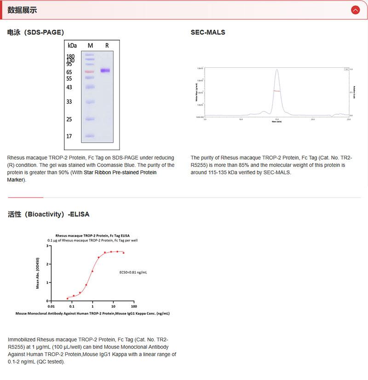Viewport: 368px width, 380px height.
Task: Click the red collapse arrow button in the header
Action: pyautogui.click(x=355, y=10)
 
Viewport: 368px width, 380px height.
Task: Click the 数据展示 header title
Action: pyautogui.click(x=23, y=10)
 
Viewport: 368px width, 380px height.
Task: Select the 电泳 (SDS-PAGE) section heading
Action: pyautogui.click(x=36, y=32)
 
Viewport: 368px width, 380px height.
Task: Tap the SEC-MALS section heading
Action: pyautogui.click(x=208, y=32)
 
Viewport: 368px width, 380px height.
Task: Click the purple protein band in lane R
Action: pyautogui.click(x=106, y=70)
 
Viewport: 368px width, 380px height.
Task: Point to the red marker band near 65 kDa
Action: pyautogui.click(x=89, y=72)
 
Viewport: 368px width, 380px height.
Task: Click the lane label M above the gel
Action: pyautogui.click(x=90, y=46)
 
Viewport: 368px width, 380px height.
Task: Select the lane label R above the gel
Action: pyautogui.click(x=107, y=46)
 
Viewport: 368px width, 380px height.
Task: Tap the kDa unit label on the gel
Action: pyautogui.click(x=72, y=46)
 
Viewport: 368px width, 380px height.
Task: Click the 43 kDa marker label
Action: pyautogui.click(x=69, y=88)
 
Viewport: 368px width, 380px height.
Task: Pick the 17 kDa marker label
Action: pyautogui.click(x=69, y=136)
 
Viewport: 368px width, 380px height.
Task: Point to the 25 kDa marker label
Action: pyautogui.click(x=69, y=120)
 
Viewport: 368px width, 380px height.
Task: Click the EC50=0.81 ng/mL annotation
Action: pyautogui.click(x=133, y=273)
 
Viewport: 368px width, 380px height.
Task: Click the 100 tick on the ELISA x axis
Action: pyautogui.click(x=133, y=305)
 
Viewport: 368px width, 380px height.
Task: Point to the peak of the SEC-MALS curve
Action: pyautogui.click(x=276, y=70)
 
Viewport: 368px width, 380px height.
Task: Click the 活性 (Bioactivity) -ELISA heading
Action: pyautogui.click(x=49, y=214)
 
